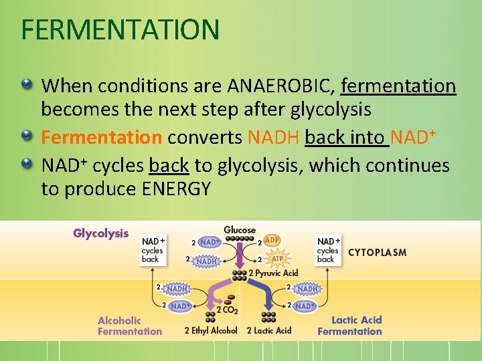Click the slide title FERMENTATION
(120, 29)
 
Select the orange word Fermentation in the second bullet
(101, 138)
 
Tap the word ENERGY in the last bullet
(177, 189)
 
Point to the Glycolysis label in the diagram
(100, 233)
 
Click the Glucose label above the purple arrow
(240, 230)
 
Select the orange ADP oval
(272, 240)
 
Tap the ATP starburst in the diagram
(276, 259)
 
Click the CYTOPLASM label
(377, 253)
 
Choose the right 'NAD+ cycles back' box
(327, 250)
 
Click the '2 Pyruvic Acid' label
(273, 273)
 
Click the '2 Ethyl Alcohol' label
(211, 330)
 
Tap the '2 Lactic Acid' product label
(269, 330)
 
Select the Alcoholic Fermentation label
(130, 326)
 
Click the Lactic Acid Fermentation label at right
(349, 326)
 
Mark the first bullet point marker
(27, 85)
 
